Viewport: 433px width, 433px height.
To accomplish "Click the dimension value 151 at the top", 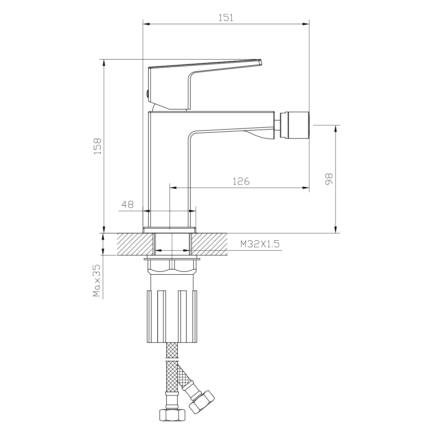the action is click(x=226, y=18).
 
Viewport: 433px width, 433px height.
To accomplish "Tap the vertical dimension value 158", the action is click(x=97, y=146).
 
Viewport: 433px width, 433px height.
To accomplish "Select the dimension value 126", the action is click(x=241, y=181).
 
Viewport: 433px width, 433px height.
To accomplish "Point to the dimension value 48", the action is click(x=127, y=204).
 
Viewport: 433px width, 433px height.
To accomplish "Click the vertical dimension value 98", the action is click(x=329, y=179).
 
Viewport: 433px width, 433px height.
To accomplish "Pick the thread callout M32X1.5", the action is click(x=260, y=244).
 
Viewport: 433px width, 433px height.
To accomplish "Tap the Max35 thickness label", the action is click(x=97, y=280).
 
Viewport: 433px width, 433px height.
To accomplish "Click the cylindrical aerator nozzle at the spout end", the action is click(x=294, y=125).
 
